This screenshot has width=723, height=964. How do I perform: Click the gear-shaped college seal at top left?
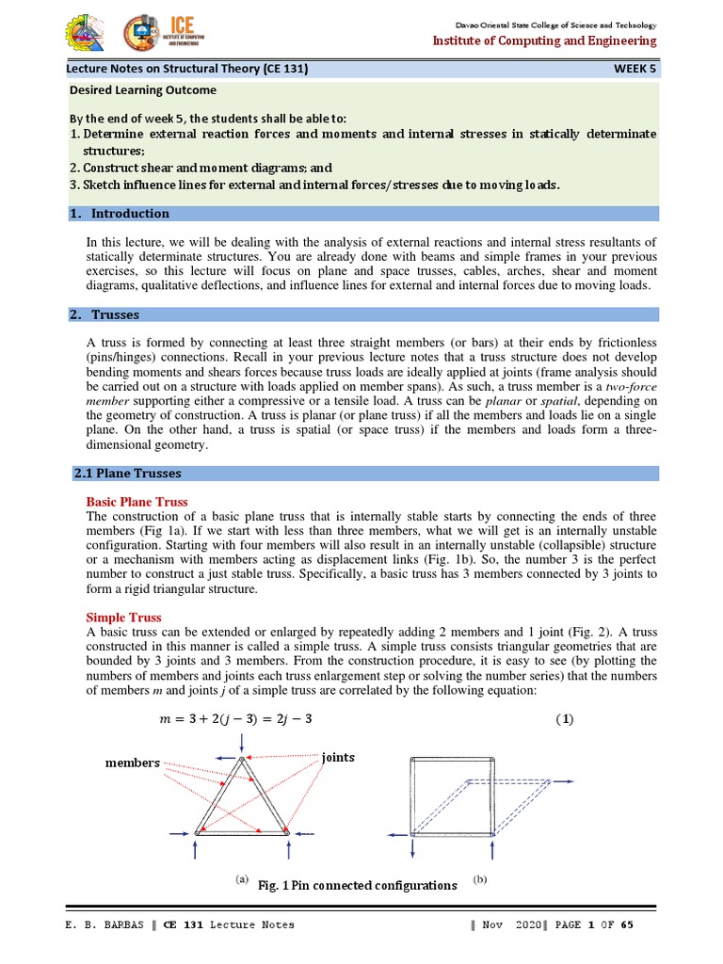point(86,34)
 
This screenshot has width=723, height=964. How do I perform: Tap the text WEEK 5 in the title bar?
point(635,69)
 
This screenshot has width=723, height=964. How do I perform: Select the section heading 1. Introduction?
point(120,214)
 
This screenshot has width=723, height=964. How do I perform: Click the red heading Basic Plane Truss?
point(137,502)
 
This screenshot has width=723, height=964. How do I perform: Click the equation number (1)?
point(562,720)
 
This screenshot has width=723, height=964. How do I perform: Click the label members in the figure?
point(133,763)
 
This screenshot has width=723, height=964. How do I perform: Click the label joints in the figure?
point(338,757)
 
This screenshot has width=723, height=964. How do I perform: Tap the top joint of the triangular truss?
point(242,759)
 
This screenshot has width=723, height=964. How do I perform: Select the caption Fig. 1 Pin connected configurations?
point(357,885)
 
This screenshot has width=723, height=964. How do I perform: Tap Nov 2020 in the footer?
point(509,924)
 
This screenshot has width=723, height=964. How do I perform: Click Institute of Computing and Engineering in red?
point(544,40)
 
